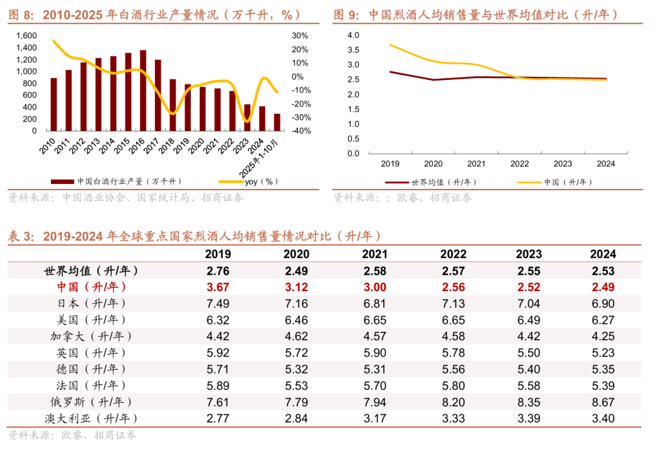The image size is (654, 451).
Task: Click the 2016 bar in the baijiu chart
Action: tap(143, 91)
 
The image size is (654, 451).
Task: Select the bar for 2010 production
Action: tap(54, 104)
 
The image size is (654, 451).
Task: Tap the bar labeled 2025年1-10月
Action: tap(277, 122)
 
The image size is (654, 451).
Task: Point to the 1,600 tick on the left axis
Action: tap(26, 36)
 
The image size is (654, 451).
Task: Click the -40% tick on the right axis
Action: tap(303, 131)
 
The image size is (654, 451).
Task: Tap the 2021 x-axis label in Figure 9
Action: tap(477, 163)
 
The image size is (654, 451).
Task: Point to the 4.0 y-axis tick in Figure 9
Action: tap(354, 35)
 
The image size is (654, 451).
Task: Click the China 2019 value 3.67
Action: tap(218, 287)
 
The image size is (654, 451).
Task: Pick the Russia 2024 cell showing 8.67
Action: tap(603, 402)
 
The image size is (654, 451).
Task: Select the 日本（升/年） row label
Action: tap(91, 303)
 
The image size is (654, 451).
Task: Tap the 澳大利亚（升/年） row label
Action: tap(91, 418)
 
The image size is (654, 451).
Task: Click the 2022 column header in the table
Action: tap(453, 254)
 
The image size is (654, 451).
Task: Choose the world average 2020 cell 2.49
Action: tap(296, 271)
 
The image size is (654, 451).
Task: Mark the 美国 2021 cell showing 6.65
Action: tap(375, 320)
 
